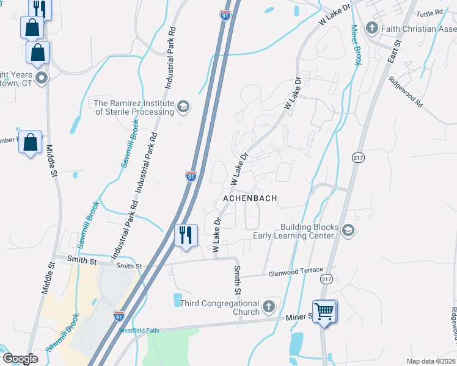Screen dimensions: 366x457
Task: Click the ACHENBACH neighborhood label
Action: (x=250, y=198)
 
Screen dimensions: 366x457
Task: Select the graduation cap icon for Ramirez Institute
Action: (x=182, y=108)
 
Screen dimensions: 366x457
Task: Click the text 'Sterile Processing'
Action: (x=134, y=112)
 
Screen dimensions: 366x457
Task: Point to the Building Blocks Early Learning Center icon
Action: (x=348, y=230)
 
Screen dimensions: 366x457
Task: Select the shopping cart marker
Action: (x=324, y=312)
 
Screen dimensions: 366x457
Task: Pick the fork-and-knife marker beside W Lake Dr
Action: (x=186, y=235)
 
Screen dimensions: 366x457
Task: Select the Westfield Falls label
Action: (x=139, y=331)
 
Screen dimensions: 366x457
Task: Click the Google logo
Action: (x=21, y=358)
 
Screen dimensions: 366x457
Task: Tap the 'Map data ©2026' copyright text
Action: (x=431, y=361)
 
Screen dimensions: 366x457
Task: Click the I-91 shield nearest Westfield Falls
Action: (x=119, y=315)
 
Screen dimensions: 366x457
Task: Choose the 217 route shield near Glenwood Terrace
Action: (x=325, y=279)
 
